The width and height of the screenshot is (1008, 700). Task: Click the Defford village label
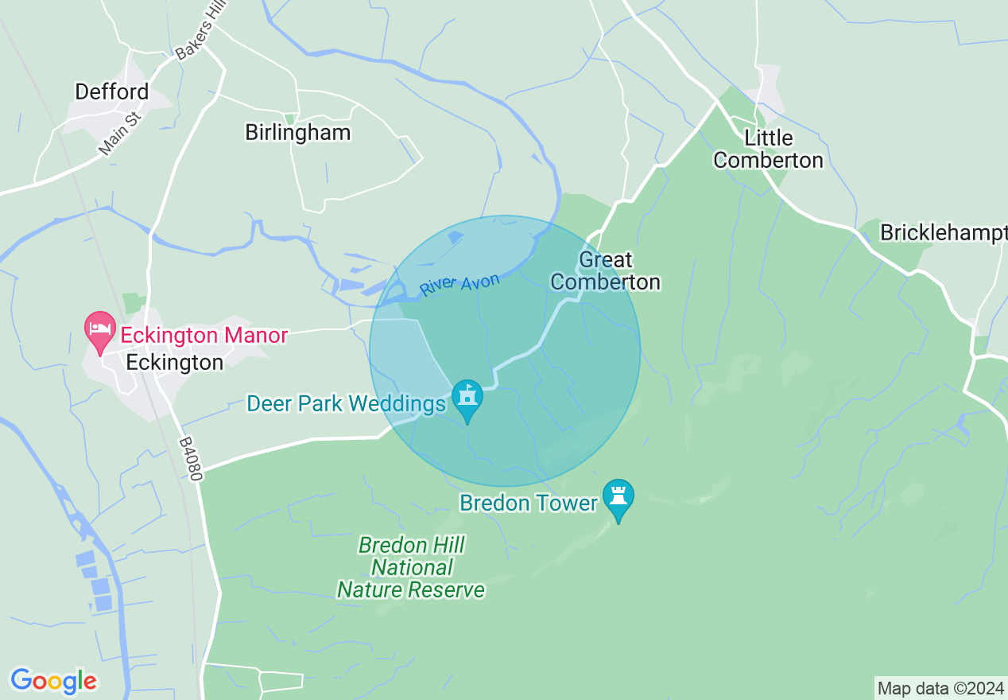coord(111,92)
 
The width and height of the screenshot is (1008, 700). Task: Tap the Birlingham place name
coord(297,132)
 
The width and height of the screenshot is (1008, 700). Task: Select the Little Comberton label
coord(768,149)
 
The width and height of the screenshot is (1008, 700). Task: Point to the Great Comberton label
coord(605,270)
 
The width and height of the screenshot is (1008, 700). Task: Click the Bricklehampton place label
coord(943,232)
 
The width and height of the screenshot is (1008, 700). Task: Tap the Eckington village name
coord(175,363)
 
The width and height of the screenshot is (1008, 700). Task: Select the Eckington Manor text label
coord(204,336)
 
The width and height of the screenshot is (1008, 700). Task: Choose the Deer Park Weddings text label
coord(346,404)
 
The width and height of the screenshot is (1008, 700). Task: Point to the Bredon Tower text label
coord(528,503)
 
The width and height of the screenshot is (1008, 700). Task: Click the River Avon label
coord(460,284)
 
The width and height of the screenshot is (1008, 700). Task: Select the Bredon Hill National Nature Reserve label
coord(411,567)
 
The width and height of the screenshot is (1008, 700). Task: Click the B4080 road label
coord(191,458)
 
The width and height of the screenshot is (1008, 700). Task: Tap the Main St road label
coord(120,134)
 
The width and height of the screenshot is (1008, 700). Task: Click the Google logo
coord(53,681)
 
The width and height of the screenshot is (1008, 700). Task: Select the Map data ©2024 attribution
coord(940,688)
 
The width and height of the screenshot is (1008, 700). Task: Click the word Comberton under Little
coord(768,160)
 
